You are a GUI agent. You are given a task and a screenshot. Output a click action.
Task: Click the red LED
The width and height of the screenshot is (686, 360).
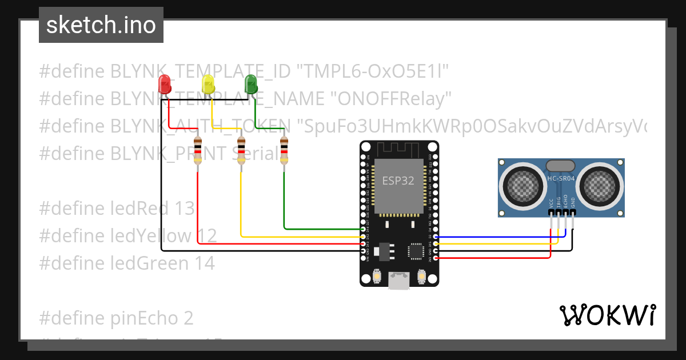(165, 85)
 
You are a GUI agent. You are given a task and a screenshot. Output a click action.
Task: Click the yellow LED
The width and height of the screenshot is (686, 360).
(208, 85)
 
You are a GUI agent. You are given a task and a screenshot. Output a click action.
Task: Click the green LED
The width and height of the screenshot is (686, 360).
(250, 85)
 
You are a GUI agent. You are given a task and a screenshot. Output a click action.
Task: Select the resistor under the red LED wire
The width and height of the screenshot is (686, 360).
(198, 151)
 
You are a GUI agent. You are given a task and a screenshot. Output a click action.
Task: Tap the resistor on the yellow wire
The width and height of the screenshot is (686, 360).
(241, 151)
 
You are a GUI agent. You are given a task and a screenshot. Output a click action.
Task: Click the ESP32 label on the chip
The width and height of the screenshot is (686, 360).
(398, 181)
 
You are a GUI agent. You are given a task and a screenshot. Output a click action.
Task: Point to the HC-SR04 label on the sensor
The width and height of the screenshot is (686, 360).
(561, 178)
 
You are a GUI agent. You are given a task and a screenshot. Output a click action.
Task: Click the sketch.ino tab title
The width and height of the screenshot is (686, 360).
(101, 25)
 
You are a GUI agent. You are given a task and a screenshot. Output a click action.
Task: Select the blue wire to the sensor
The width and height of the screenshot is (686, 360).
(497, 236)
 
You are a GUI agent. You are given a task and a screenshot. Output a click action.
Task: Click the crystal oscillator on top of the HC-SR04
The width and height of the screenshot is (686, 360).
(561, 166)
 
